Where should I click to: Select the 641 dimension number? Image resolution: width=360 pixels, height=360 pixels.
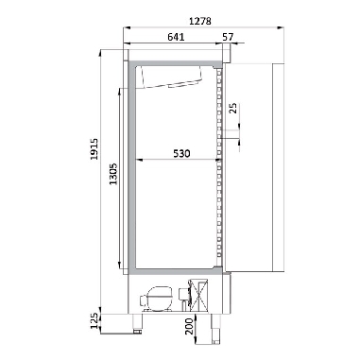point(170,37)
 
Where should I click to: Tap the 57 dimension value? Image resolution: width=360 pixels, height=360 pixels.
point(229,37)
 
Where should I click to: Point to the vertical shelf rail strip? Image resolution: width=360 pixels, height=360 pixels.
point(219,170)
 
